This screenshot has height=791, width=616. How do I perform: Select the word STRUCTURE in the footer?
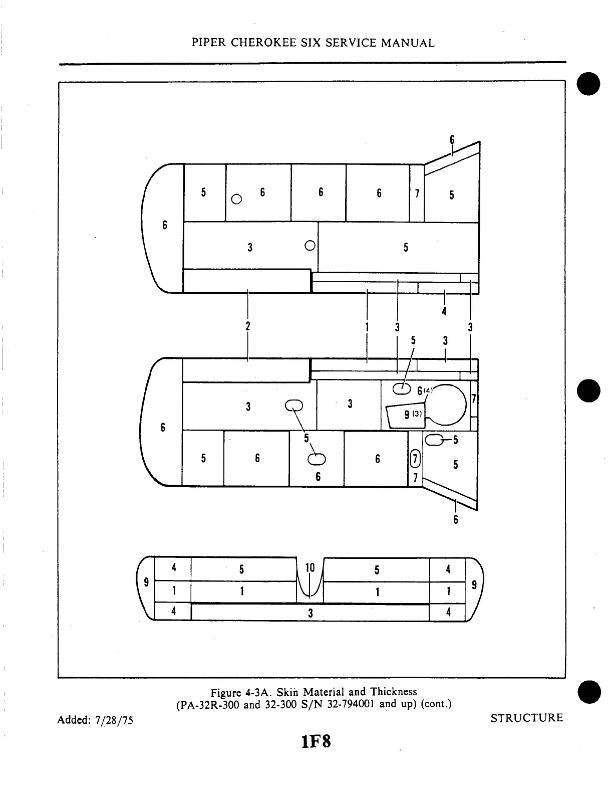point(526,718)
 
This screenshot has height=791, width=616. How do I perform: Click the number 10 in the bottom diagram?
point(310,567)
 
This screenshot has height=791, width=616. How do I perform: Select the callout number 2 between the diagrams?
point(248,326)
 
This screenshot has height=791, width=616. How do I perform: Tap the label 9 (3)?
point(413,415)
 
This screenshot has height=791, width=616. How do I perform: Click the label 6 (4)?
point(424,391)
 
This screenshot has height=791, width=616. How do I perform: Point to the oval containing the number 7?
point(415,458)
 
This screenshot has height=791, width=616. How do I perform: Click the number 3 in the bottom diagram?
point(311,613)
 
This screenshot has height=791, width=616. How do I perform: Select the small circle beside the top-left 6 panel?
point(237,200)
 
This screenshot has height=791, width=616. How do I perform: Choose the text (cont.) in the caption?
point(436,704)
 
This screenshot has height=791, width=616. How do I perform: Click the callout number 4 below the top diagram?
point(444,312)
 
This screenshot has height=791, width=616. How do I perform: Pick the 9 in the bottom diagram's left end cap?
point(146,582)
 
